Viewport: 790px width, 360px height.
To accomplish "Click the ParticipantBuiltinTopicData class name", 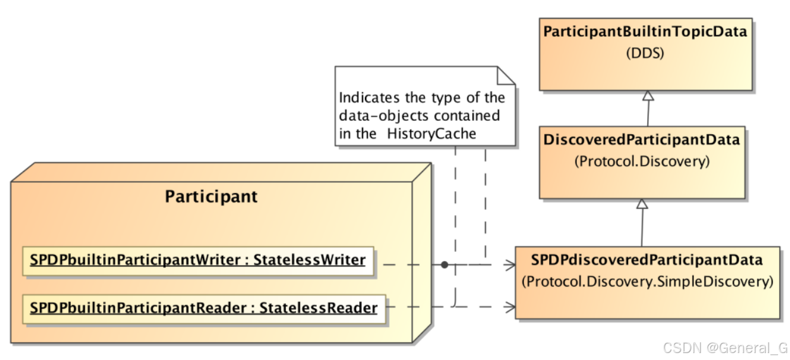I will point(645,32).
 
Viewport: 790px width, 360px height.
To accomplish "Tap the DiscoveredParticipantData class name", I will point(641,140).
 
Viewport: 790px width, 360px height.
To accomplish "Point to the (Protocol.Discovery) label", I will point(641,161).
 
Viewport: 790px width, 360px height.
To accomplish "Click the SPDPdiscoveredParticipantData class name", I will point(646,260).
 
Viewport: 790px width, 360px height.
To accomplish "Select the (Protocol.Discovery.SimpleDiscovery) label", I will point(647,282).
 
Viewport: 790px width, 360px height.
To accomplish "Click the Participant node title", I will point(211,196).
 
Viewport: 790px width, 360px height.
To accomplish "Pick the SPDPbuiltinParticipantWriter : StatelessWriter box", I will point(198,260).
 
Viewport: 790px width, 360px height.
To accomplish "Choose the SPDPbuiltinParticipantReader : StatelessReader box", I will point(204,308).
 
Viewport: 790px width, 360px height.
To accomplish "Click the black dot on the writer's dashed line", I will point(445,264).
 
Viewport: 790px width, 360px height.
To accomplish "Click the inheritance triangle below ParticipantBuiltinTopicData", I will point(648,96).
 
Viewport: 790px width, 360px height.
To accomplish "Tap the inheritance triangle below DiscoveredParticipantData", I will point(643,204).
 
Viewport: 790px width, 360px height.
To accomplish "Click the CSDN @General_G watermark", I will point(725,347).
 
